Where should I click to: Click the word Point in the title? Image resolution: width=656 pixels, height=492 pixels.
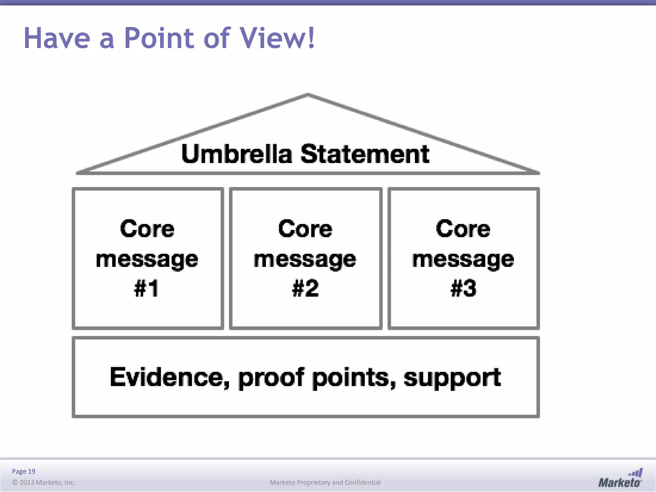159,38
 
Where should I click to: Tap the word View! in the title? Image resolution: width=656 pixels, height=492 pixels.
277,38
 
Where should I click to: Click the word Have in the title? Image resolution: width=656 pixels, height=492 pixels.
57,38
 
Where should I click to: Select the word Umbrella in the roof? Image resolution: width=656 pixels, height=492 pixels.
236,154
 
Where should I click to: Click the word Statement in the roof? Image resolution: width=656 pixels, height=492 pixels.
365,154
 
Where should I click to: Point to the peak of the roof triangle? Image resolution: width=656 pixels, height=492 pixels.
308,94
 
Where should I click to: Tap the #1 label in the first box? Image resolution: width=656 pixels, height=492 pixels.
146,288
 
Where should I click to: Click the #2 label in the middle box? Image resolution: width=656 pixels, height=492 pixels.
305,288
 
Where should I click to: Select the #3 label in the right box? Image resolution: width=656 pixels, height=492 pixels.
463,288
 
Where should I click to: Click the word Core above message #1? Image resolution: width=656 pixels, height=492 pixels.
147,229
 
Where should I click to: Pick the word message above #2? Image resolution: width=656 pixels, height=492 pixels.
305,259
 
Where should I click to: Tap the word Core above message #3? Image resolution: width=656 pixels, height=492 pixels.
463,229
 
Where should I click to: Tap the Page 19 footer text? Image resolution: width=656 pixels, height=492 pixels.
23,471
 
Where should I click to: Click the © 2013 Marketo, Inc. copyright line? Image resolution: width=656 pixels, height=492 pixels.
44,482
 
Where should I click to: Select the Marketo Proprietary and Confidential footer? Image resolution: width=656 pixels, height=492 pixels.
325,482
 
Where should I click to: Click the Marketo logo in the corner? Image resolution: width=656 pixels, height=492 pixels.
620,479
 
